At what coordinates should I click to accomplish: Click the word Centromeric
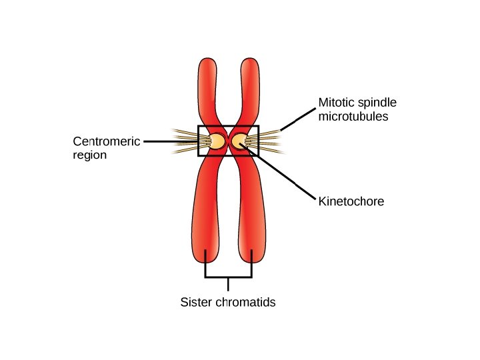point(105,141)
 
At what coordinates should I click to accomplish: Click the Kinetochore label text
point(351,201)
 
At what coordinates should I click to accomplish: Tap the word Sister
point(196,302)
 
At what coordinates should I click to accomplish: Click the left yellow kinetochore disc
point(217,141)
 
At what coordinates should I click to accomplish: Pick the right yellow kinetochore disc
point(239,141)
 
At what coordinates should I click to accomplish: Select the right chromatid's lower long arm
point(251,213)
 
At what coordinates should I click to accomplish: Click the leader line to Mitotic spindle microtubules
point(297,119)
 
